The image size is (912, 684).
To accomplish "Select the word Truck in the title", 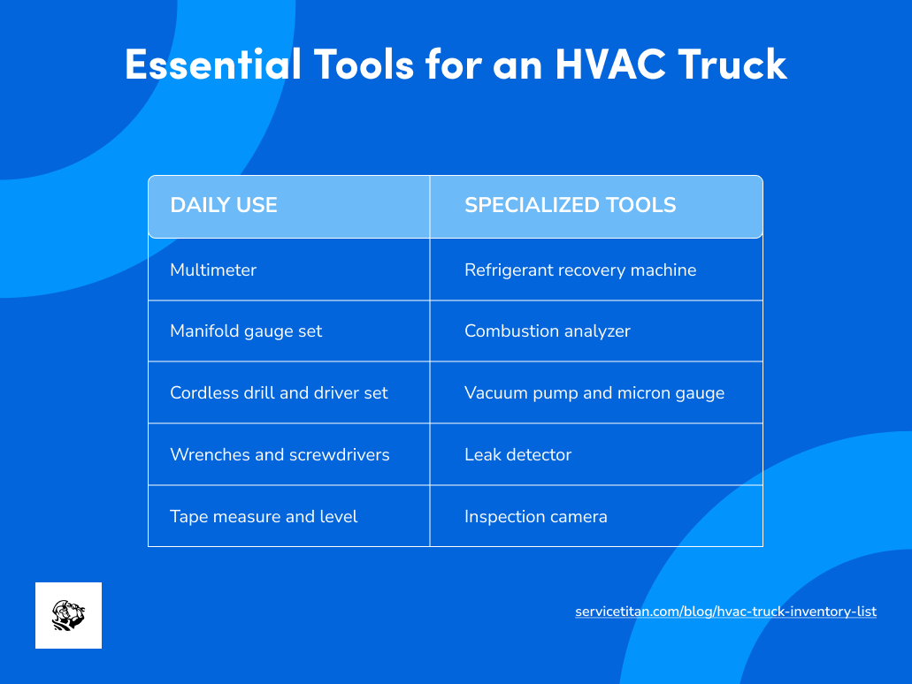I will click(735, 64).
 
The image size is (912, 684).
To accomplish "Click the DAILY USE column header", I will click(224, 205).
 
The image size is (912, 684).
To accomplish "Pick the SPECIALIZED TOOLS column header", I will click(570, 205).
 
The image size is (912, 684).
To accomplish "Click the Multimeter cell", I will click(213, 270).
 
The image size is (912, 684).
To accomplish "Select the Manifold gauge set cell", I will click(246, 331).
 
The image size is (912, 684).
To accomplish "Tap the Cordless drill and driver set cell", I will click(279, 392).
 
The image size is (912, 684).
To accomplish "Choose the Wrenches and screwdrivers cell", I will click(280, 454).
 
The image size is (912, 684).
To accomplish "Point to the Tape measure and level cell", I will click(264, 516).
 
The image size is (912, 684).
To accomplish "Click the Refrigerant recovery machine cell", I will click(580, 270).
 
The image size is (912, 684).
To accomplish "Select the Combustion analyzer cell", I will click(548, 331).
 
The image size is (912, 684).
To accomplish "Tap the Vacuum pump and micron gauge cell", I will click(594, 392).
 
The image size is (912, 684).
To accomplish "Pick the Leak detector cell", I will click(518, 454).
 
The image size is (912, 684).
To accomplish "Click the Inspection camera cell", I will click(536, 516).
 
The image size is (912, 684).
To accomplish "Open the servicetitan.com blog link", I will click(725, 612).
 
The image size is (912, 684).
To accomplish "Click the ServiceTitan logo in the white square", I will click(68, 615).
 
